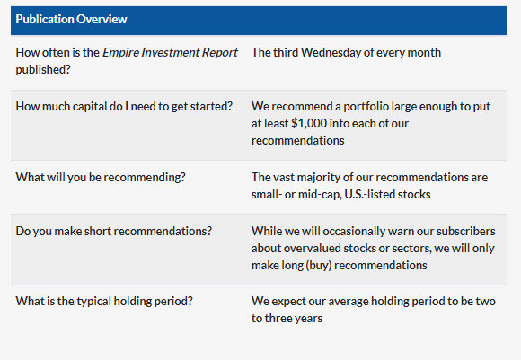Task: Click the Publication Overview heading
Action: [71, 19]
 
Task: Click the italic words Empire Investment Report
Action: [170, 52]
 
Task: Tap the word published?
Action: [43, 70]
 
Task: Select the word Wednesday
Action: [330, 52]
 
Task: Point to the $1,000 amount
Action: [309, 124]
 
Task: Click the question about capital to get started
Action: [124, 106]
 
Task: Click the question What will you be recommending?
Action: [101, 178]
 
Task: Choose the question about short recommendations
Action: [114, 231]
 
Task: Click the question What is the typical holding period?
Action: [104, 302]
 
